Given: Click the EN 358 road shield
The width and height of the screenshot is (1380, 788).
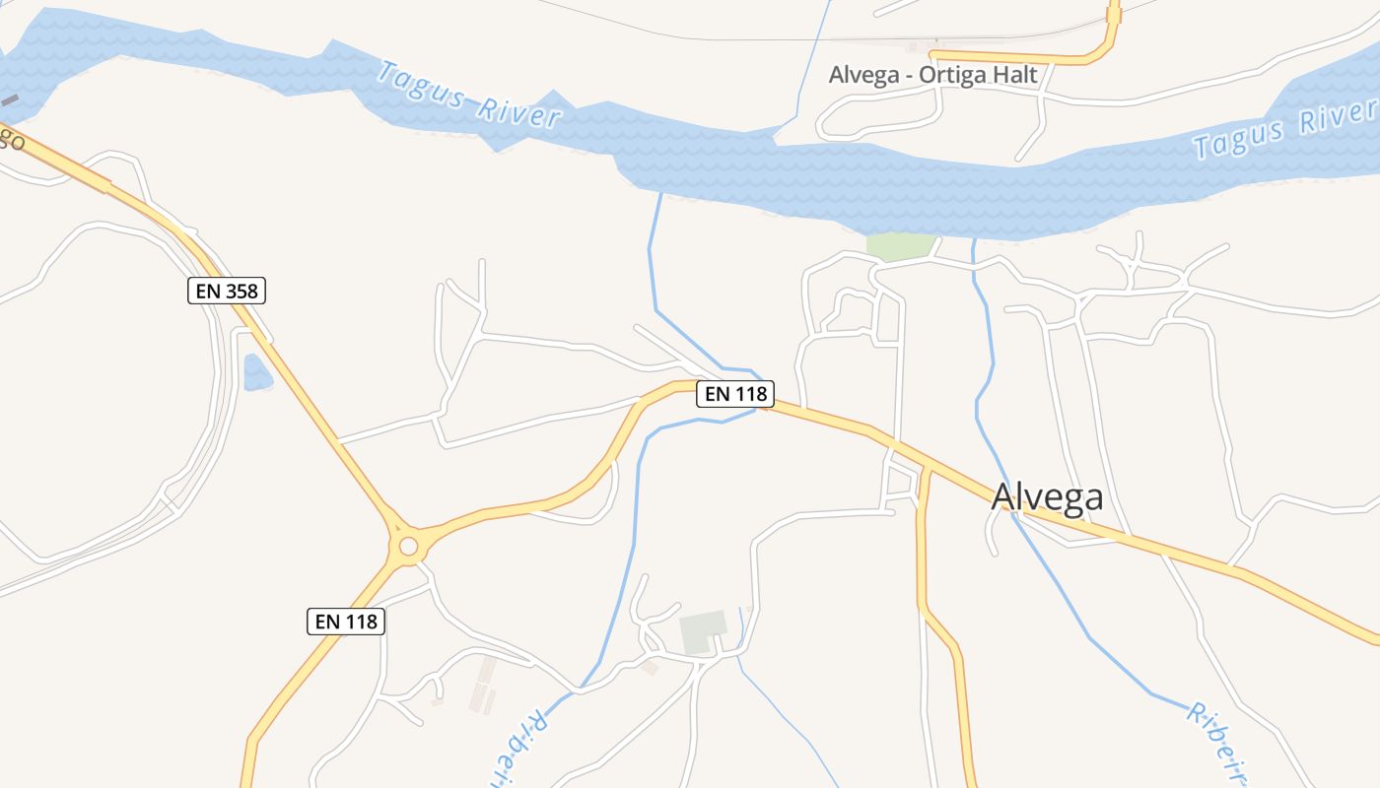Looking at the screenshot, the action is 227,291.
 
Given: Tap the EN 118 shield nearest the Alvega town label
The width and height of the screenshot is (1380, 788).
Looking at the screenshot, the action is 735,394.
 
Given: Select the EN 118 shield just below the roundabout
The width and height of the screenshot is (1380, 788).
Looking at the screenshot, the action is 345,622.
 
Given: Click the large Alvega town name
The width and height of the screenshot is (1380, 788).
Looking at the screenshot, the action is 1047,497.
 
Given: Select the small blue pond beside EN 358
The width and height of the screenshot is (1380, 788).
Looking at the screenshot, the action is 257,372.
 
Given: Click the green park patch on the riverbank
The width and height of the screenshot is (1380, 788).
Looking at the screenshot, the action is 900,245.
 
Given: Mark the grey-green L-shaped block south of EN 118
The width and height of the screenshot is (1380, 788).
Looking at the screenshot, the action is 702,630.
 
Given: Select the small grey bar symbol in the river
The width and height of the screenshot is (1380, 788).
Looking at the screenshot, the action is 9,100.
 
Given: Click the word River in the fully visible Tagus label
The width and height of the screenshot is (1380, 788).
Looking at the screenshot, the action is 517,111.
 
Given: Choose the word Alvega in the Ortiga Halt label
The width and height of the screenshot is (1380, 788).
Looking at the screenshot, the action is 863,75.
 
